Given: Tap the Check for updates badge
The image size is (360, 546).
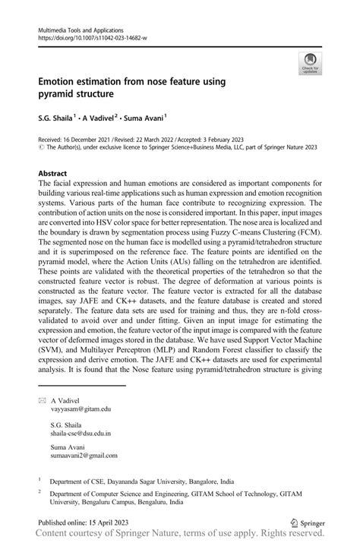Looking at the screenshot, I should [309, 64].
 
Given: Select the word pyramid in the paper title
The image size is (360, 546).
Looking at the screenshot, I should [62, 94].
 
